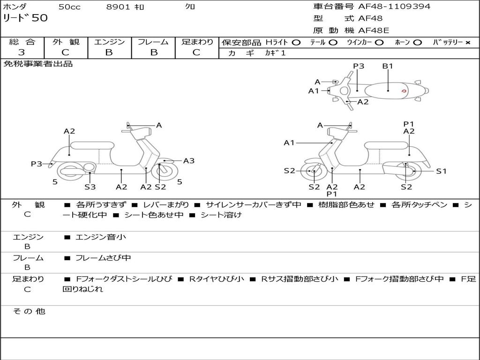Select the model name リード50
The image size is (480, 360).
pos(25,18)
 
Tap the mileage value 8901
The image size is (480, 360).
pos(119,7)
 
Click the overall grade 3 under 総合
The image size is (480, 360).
pos(22,52)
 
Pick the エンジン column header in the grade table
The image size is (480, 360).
pos(109,42)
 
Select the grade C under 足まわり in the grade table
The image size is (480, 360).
pos(196,52)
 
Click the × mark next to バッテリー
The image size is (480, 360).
pos(467,42)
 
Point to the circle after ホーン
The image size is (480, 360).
pos(418,42)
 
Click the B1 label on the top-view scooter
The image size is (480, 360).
pos(388,66)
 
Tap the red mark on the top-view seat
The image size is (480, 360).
pos(404,90)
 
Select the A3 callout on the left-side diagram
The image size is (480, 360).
pos(189,161)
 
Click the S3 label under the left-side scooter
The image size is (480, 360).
pos(90,187)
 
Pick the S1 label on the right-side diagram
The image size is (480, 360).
pos(441,171)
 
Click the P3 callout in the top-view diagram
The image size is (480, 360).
pos(359,66)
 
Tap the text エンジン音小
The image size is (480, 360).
pos(100,237)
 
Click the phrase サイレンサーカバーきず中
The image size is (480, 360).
pos(254,205)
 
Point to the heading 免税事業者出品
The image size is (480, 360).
pos(38,64)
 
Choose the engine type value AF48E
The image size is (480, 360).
pos(374,30)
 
